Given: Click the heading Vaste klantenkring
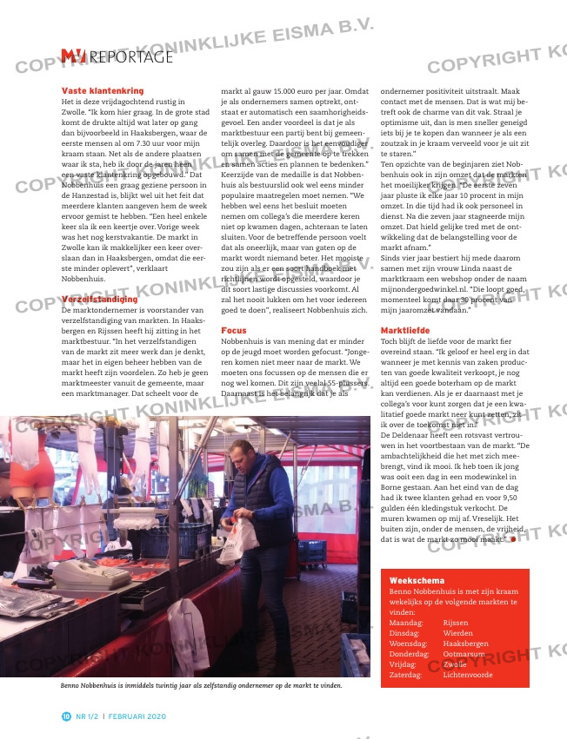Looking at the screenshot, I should (x=102, y=90).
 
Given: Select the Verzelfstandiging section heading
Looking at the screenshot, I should (x=99, y=299).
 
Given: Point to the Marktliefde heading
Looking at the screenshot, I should (x=405, y=331).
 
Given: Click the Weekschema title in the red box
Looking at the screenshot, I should (x=417, y=580).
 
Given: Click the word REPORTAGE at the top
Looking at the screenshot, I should (x=131, y=57).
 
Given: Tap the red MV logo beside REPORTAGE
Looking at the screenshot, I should (x=73, y=56).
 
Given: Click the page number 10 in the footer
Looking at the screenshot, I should (x=66, y=716).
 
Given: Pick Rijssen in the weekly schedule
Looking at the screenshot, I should (x=455, y=623).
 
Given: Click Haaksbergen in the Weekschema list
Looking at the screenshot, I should (x=465, y=643).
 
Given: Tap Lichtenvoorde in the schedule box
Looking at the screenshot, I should (x=468, y=675).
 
